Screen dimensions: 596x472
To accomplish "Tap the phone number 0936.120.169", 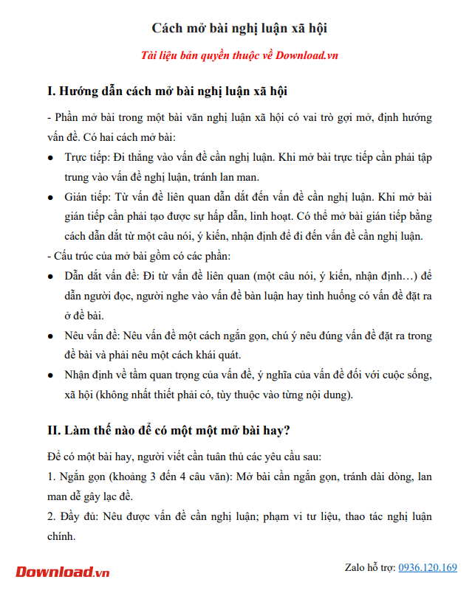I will point(428,568).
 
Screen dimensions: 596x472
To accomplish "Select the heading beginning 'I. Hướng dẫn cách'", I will point(167,92).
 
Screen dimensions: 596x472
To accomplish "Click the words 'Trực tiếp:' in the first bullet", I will point(87,158).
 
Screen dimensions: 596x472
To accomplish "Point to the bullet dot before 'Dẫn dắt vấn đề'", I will point(50,277).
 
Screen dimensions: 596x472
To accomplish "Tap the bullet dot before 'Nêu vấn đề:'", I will point(50,336).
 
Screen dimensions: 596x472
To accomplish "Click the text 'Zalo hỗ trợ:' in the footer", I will point(370,568).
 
